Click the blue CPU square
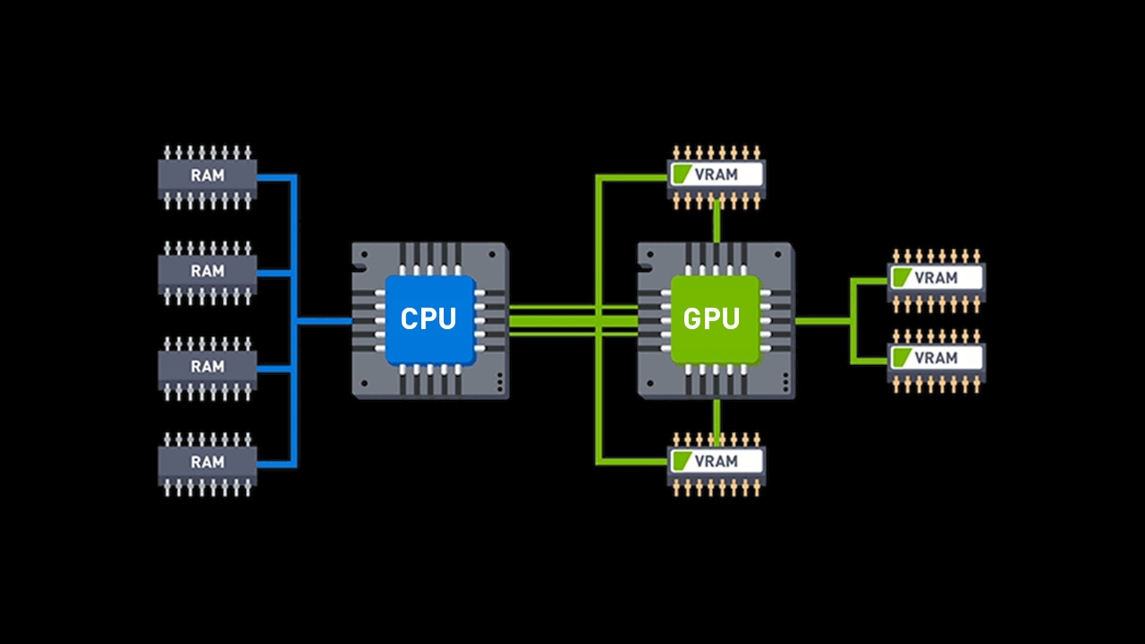point(429,319)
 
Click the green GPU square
point(715,319)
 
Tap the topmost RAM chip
point(208,175)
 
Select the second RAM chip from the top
point(208,270)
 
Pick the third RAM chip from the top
point(208,366)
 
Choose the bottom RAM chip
point(208,462)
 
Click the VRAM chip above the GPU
point(717,174)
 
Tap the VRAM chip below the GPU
point(717,461)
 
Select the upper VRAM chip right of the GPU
point(936,277)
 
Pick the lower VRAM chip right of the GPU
point(936,358)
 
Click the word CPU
point(428,318)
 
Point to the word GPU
point(711,318)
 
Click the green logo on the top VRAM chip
point(683,174)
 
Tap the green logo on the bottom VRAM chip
point(683,461)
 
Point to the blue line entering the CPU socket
point(324,320)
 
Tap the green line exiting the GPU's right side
point(823,320)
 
